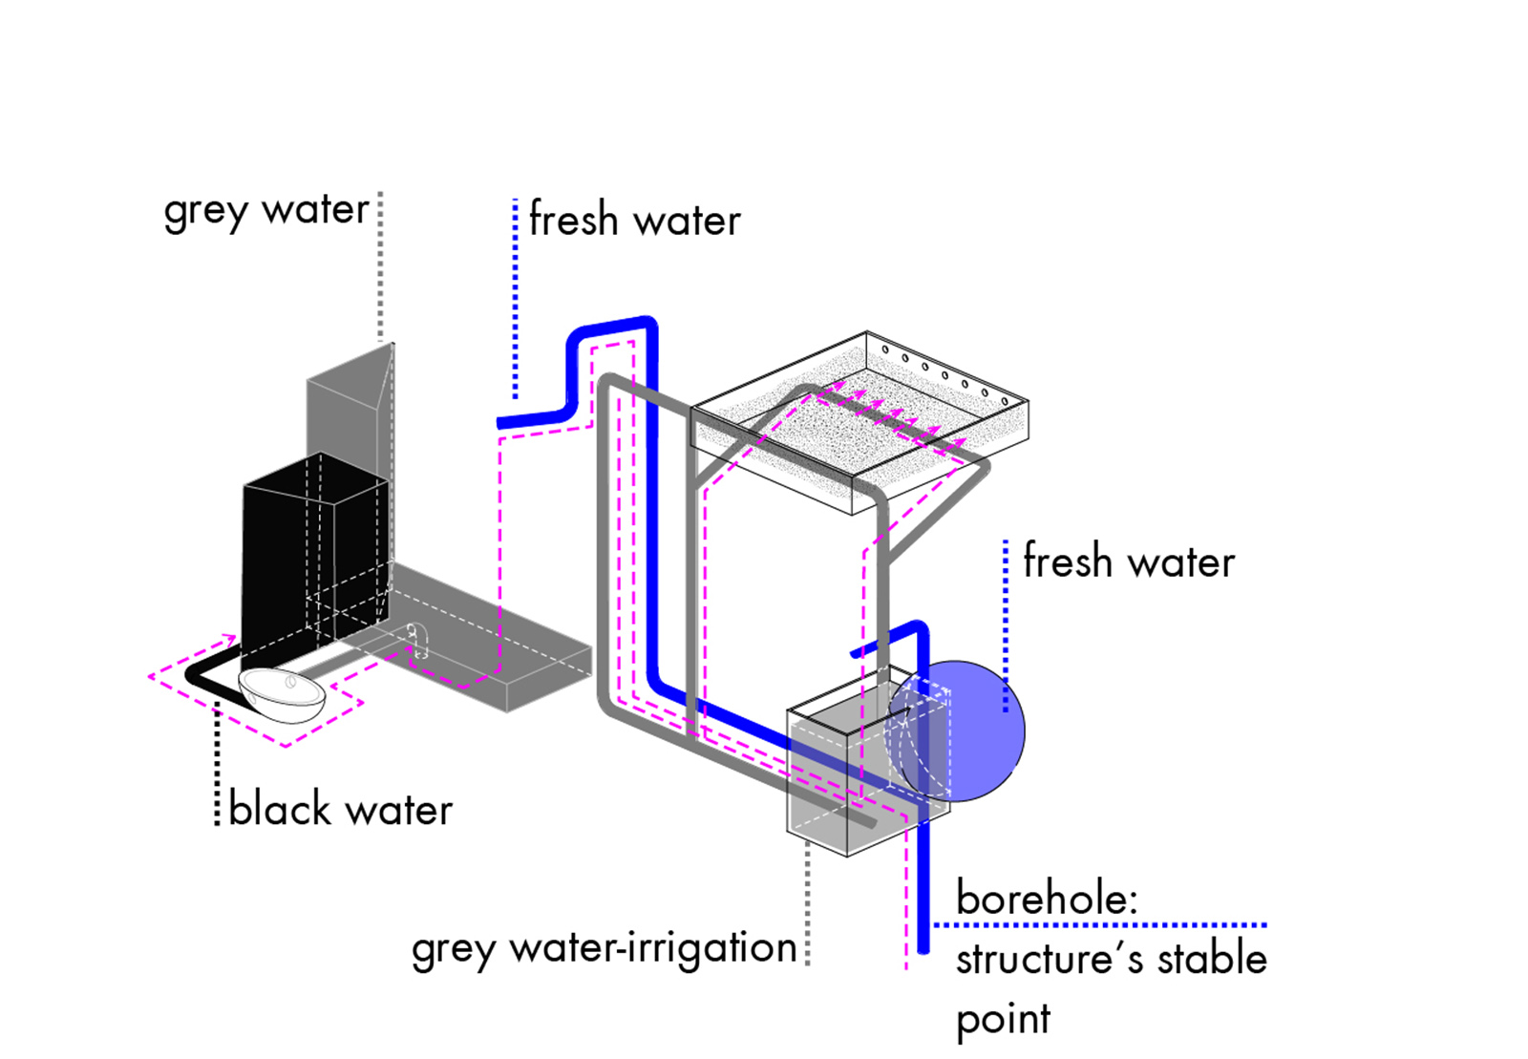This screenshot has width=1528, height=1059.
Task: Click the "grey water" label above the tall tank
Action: click(265, 210)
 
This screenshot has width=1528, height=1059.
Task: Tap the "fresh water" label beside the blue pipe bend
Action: click(634, 220)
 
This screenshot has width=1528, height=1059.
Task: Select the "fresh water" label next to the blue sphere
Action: click(1129, 561)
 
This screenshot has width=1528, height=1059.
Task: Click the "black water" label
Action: click(340, 810)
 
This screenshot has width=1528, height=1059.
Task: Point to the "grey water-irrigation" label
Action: click(604, 948)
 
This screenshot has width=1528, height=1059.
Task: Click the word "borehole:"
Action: click(1047, 899)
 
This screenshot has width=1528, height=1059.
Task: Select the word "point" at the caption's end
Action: click(1003, 1020)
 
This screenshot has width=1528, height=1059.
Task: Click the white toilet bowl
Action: click(282, 694)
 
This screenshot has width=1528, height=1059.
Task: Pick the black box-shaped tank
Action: click(286, 563)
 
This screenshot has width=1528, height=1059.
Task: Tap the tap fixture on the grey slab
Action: click(418, 642)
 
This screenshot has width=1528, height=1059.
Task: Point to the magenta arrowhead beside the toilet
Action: click(228, 637)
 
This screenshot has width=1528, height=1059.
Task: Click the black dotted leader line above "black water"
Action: click(218, 764)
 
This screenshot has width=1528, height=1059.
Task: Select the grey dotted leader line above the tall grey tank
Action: click(380, 267)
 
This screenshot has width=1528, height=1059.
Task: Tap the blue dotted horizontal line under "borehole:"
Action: click(1098, 924)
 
